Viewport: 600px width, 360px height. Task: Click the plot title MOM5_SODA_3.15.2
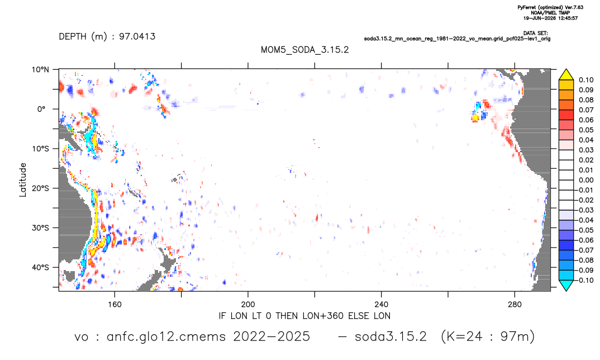point(304,50)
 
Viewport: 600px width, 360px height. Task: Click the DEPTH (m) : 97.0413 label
point(107,37)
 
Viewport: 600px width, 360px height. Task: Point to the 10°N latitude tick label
point(40,70)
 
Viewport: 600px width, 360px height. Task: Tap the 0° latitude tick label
point(41,109)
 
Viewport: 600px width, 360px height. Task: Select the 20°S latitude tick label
point(40,188)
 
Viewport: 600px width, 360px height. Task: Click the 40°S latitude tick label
point(40,267)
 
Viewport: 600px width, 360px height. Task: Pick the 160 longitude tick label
point(115,305)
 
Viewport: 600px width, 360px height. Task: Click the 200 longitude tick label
point(248,305)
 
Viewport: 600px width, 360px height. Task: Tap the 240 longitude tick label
point(382,305)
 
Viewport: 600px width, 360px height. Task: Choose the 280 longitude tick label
point(515,305)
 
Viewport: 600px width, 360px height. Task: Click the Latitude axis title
point(23,180)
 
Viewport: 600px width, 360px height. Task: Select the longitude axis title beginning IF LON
point(304,316)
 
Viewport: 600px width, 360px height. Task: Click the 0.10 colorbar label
point(586,80)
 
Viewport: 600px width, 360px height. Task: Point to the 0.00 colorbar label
point(586,180)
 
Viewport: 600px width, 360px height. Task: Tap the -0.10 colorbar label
point(585,280)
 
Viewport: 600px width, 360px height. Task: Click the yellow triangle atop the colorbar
point(566,75)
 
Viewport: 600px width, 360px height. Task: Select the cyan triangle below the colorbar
point(566,285)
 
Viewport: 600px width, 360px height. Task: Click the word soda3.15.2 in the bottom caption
point(391,337)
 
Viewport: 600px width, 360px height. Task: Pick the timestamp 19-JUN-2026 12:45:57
point(550,18)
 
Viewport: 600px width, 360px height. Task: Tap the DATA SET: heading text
point(535,34)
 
